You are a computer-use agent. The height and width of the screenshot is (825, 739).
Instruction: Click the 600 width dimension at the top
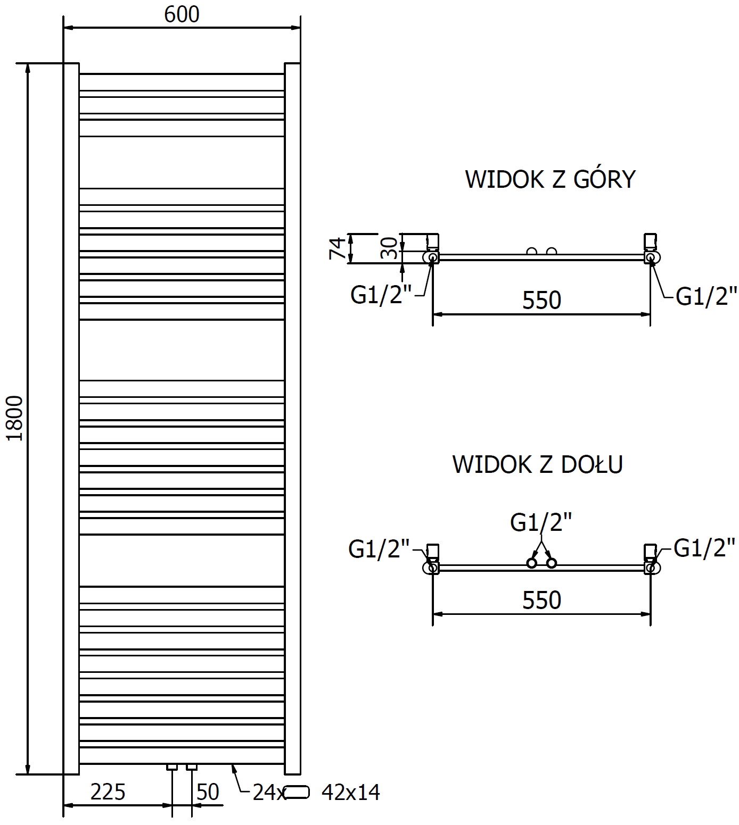[x=182, y=14]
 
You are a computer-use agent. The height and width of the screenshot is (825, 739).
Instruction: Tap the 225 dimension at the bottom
[x=108, y=792]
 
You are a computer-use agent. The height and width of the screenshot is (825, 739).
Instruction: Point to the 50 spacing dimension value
[x=208, y=792]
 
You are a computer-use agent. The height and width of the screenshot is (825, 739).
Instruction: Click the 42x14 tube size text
[x=351, y=793]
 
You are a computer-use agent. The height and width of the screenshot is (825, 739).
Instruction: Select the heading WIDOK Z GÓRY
[x=550, y=179]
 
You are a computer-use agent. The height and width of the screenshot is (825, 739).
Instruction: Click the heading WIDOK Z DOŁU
[x=537, y=464]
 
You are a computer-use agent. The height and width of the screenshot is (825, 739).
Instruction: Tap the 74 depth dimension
[x=337, y=248]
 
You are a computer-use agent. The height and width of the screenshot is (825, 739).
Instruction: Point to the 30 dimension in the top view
[x=389, y=248]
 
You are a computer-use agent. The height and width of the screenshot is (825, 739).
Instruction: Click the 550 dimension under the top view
[x=541, y=301]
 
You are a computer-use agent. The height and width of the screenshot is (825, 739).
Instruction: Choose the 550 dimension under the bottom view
[x=541, y=601]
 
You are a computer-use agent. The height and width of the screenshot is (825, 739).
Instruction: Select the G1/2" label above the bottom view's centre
[x=541, y=523]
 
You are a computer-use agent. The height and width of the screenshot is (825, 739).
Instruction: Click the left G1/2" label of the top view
[x=381, y=295]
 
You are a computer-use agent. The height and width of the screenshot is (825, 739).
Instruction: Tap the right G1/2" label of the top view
[x=706, y=296]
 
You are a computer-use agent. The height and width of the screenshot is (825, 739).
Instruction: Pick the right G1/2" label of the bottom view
[x=704, y=547]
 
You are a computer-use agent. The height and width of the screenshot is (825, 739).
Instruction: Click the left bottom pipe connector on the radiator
[x=172, y=767]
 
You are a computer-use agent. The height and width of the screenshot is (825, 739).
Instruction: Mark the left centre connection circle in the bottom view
[x=531, y=563]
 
